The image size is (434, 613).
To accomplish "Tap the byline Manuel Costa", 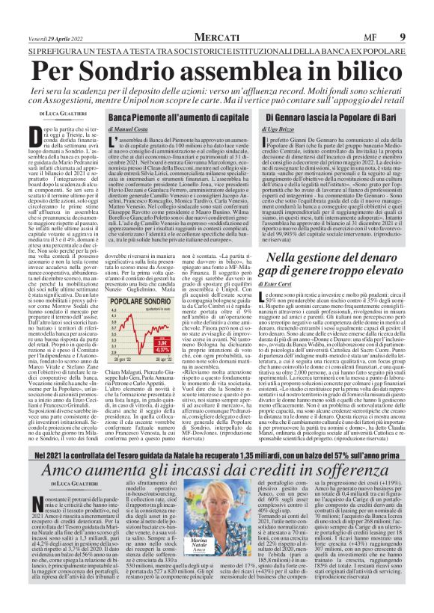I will [133, 129].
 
